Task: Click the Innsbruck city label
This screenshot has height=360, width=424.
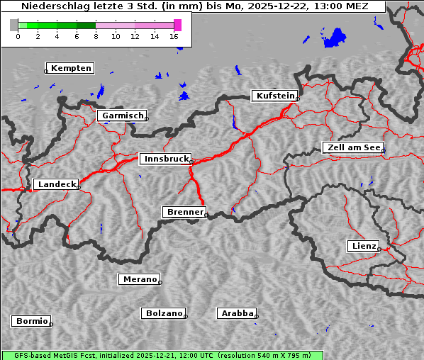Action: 164,159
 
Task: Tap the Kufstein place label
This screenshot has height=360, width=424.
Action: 274,96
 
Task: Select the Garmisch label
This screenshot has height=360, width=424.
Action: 122,116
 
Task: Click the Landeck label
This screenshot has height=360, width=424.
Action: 56,184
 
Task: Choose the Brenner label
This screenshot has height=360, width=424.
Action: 184,212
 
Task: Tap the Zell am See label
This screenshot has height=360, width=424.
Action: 353,147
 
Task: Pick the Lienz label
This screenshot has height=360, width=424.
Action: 363,246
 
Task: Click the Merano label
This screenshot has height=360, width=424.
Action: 139,279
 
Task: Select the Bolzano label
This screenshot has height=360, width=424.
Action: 164,313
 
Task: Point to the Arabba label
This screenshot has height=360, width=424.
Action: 236,313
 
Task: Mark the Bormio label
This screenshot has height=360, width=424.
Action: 31,321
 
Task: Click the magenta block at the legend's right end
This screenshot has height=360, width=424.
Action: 177,25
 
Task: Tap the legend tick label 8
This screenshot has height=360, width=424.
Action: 96,36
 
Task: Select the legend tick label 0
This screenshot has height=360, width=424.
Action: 18,36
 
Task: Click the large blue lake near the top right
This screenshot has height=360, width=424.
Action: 334,38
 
